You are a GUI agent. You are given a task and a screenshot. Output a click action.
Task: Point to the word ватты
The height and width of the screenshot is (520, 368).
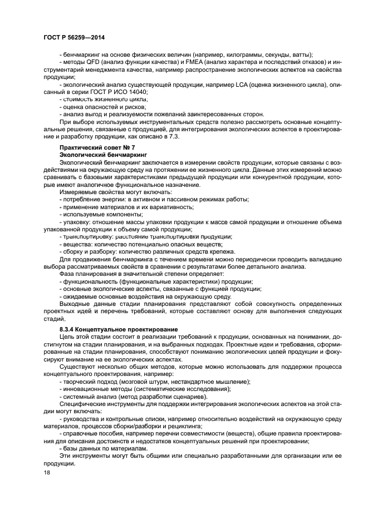[x=301, y=55]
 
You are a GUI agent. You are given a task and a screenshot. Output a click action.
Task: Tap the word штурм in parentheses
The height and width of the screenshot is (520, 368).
[x=152, y=382]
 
